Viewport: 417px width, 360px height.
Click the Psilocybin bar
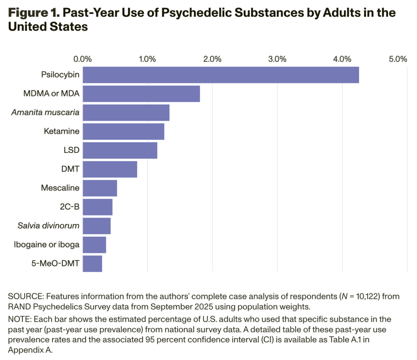pyautogui.click(x=221, y=75)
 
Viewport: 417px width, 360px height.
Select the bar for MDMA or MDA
pyautogui.click(x=141, y=94)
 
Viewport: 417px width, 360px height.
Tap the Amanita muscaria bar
pyautogui.click(x=126, y=112)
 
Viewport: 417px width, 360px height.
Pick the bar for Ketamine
pyautogui.click(x=123, y=131)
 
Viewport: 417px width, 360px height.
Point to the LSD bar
pyautogui.click(x=120, y=150)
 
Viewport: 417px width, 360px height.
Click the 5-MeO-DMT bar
pyautogui.click(x=92, y=264)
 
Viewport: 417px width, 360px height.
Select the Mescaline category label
pyautogui.click(x=60, y=188)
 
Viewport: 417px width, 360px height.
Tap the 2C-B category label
pyautogui.click(x=69, y=207)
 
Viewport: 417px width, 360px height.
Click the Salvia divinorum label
pyautogui.click(x=48, y=225)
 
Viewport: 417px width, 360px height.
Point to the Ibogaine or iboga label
pyautogui.click(x=52, y=244)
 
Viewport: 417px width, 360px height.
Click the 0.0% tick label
pyautogui.click(x=83, y=59)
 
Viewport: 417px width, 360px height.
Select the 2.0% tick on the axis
pyautogui.click(x=212, y=59)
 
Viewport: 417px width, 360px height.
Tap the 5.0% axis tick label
pyautogui.click(x=398, y=59)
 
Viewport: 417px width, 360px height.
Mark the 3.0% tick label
pyautogui.click(x=277, y=59)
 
